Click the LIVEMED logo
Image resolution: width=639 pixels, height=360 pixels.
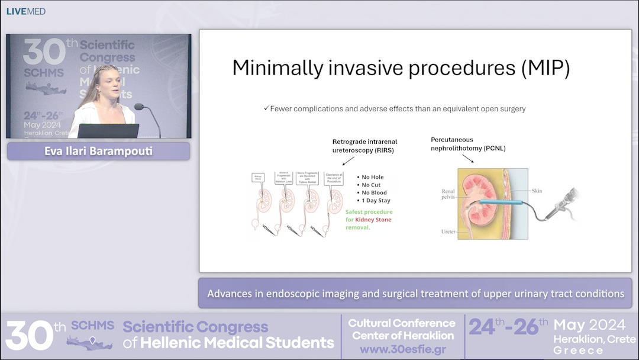[26, 11]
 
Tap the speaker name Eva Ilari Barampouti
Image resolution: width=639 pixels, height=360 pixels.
[98, 151]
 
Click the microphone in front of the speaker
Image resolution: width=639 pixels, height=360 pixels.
[140, 107]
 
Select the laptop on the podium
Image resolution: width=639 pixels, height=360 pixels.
[108, 131]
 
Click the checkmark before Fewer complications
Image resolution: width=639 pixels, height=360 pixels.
[266, 108]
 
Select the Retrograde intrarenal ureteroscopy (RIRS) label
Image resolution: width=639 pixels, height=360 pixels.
[365, 146]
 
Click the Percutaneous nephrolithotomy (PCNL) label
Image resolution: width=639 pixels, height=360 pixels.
[468, 143]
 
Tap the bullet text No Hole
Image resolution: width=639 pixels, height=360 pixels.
[373, 176]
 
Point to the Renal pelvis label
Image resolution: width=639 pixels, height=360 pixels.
[448, 195]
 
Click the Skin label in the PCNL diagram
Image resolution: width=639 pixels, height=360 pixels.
[536, 191]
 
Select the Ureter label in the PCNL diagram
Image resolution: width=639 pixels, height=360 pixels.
[448, 232]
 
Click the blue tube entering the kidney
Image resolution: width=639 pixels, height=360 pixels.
[500, 203]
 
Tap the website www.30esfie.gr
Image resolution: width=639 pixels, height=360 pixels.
[402, 349]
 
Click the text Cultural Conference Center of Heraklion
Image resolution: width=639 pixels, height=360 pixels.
[402, 329]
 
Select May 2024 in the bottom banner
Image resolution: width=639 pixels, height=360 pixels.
[590, 324]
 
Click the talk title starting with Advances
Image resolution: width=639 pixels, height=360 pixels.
[415, 293]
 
